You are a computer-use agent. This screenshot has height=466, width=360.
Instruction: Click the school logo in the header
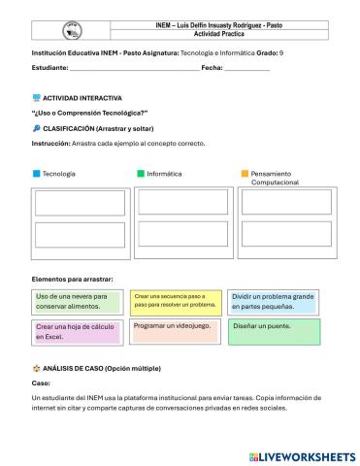point(72,28)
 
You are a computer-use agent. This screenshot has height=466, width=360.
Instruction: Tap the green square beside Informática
point(141,174)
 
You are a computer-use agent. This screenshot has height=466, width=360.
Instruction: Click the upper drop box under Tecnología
point(80,203)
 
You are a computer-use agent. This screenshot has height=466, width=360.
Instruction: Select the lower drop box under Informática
point(181,235)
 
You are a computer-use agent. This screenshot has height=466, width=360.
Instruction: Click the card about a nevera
point(78,301)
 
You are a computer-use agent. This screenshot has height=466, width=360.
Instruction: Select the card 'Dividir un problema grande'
point(274,301)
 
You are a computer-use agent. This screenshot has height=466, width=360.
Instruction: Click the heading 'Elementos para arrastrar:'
point(73,279)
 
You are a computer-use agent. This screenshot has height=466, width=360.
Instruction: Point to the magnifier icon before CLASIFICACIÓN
point(36,128)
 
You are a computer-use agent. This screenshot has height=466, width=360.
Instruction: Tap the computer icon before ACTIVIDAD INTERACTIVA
point(36,98)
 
